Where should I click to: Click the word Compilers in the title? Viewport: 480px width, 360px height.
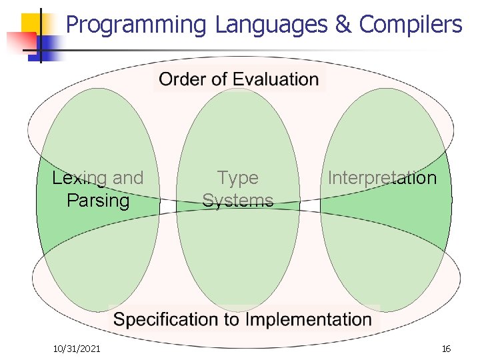pos(411,25)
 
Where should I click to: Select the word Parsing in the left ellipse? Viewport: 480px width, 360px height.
pos(98,200)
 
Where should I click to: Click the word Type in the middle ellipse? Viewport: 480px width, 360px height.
pos(238,178)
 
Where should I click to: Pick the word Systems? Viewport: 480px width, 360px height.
pos(238,200)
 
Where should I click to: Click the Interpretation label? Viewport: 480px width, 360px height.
pos(382,178)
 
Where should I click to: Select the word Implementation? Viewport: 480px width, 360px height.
pos(308,319)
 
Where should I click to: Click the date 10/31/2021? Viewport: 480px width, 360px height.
pos(77,348)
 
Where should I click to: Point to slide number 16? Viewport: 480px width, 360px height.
pos(446,349)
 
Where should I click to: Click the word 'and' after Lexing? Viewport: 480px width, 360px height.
pos(128,178)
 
